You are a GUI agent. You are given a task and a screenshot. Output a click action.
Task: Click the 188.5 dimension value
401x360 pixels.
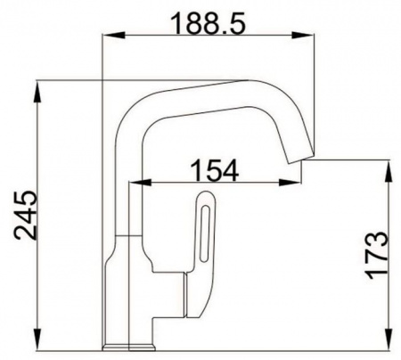[x=209, y=23]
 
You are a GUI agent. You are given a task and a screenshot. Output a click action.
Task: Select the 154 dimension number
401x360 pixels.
[x=214, y=170]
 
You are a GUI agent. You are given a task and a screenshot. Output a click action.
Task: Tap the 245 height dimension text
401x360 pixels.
[x=26, y=215]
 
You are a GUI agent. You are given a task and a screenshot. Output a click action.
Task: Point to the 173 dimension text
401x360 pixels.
[x=377, y=256]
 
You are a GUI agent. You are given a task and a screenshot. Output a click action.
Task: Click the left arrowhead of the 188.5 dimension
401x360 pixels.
[x=112, y=35]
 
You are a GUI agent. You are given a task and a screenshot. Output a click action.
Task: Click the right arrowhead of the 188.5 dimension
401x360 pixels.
[x=302, y=35]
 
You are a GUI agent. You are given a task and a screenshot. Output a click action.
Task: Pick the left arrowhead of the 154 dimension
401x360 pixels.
[x=140, y=183]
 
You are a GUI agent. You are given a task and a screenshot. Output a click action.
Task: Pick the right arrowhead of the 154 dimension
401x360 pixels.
[x=291, y=183]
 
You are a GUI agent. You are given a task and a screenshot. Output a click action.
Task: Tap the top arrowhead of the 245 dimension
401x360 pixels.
[x=37, y=91]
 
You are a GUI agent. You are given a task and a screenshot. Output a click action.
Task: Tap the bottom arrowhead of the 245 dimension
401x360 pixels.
[x=37, y=340]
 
